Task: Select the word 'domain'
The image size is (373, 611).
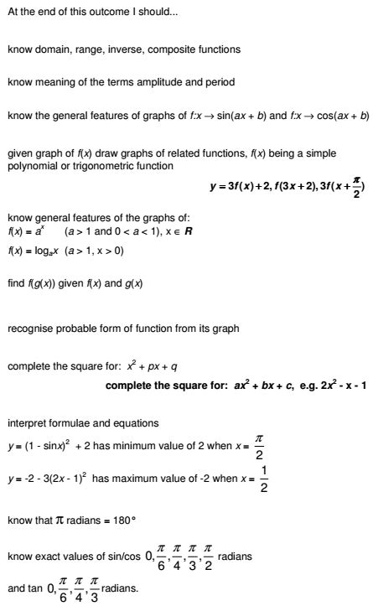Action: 48,49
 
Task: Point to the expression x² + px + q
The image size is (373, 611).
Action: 157,366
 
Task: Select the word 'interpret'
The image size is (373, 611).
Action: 28,423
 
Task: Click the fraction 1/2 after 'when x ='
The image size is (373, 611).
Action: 264,479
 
